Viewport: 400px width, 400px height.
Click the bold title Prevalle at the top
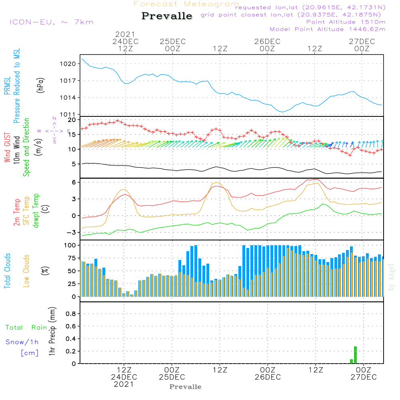[167, 16]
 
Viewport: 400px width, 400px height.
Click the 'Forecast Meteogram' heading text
[186, 4]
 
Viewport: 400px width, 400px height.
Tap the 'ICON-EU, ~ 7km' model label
[51, 22]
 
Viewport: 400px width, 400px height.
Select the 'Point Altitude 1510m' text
[346, 22]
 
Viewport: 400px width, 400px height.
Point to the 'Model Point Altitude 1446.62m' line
[327, 29]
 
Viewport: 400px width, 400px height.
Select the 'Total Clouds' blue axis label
[7, 271]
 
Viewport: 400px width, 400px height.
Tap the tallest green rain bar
[355, 355]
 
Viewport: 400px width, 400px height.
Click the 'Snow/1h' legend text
[22, 342]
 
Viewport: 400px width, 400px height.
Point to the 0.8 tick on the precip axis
[70, 314]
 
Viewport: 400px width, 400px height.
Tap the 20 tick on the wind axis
[72, 120]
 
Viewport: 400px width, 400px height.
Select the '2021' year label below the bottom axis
[124, 384]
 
